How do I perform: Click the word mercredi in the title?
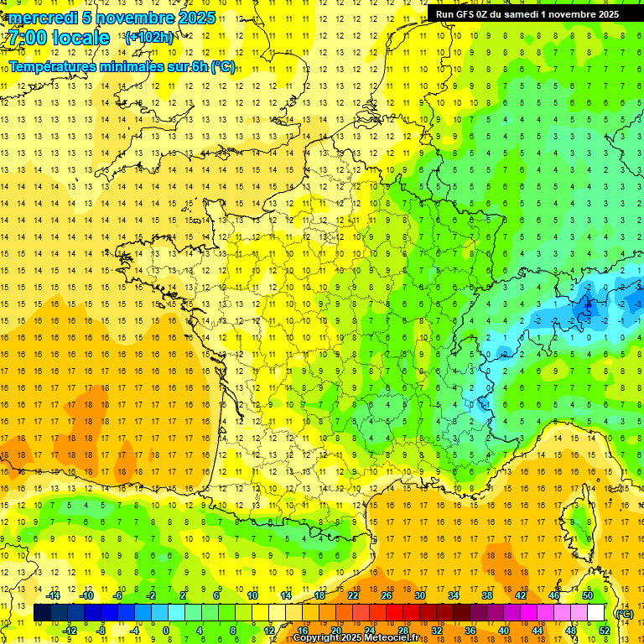(x=43, y=18)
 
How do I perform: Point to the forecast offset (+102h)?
(x=149, y=38)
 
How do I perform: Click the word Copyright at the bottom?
(x=316, y=638)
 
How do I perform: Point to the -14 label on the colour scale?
(x=55, y=595)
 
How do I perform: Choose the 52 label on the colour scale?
(x=604, y=631)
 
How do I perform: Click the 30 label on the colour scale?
(x=420, y=595)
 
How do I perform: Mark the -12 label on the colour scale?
(x=70, y=631)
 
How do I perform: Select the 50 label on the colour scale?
(x=587, y=595)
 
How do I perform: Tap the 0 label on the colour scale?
(x=166, y=631)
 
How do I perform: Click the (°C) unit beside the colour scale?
(x=624, y=614)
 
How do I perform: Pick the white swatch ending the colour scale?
(x=595, y=613)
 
